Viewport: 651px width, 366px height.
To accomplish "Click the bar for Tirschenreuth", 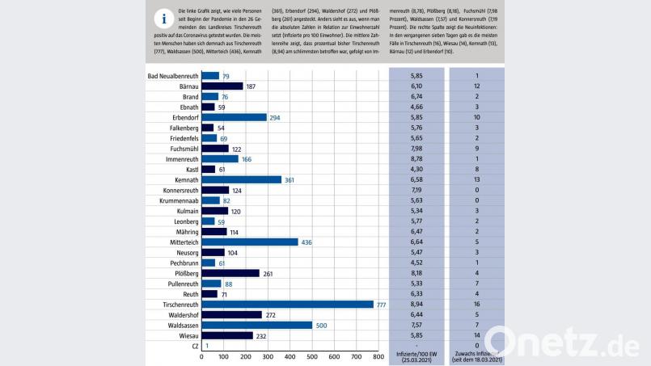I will point(287,305).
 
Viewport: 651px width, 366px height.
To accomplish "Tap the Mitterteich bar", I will point(250,242).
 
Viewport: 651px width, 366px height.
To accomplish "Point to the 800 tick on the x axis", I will point(377,356).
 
